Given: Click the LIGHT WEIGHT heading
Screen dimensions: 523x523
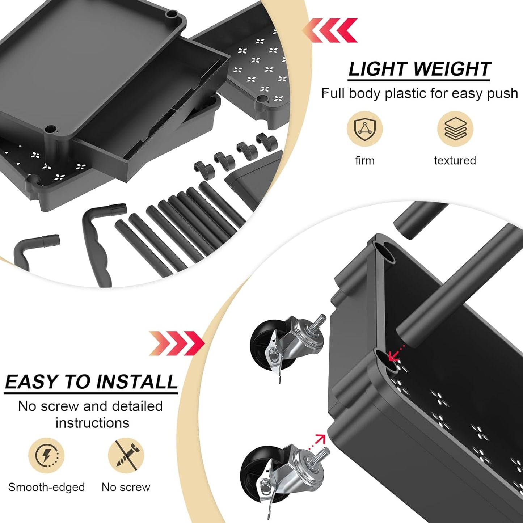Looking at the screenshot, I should tap(419, 69).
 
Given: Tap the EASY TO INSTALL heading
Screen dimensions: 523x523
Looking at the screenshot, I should tap(91, 382).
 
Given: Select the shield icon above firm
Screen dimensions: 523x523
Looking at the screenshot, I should tap(364, 128).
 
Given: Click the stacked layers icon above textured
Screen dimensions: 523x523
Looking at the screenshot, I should tap(455, 128).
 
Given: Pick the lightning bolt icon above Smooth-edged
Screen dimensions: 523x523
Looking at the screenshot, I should tap(46, 455).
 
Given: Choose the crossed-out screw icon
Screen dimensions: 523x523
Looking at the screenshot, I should tap(126, 455).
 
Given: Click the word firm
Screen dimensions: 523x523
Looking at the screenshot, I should tap(364, 160).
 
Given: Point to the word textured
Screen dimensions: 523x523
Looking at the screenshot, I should tap(455, 160).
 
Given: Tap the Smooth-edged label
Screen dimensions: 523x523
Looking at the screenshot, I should tap(46, 487).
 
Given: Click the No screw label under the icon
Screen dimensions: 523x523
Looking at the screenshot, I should tap(126, 487).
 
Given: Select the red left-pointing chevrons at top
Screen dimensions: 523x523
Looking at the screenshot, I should tap(330, 30).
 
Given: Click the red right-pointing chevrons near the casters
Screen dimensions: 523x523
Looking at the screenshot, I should tap(177, 343).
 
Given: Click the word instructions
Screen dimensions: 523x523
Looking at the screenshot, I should tap(92, 423).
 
